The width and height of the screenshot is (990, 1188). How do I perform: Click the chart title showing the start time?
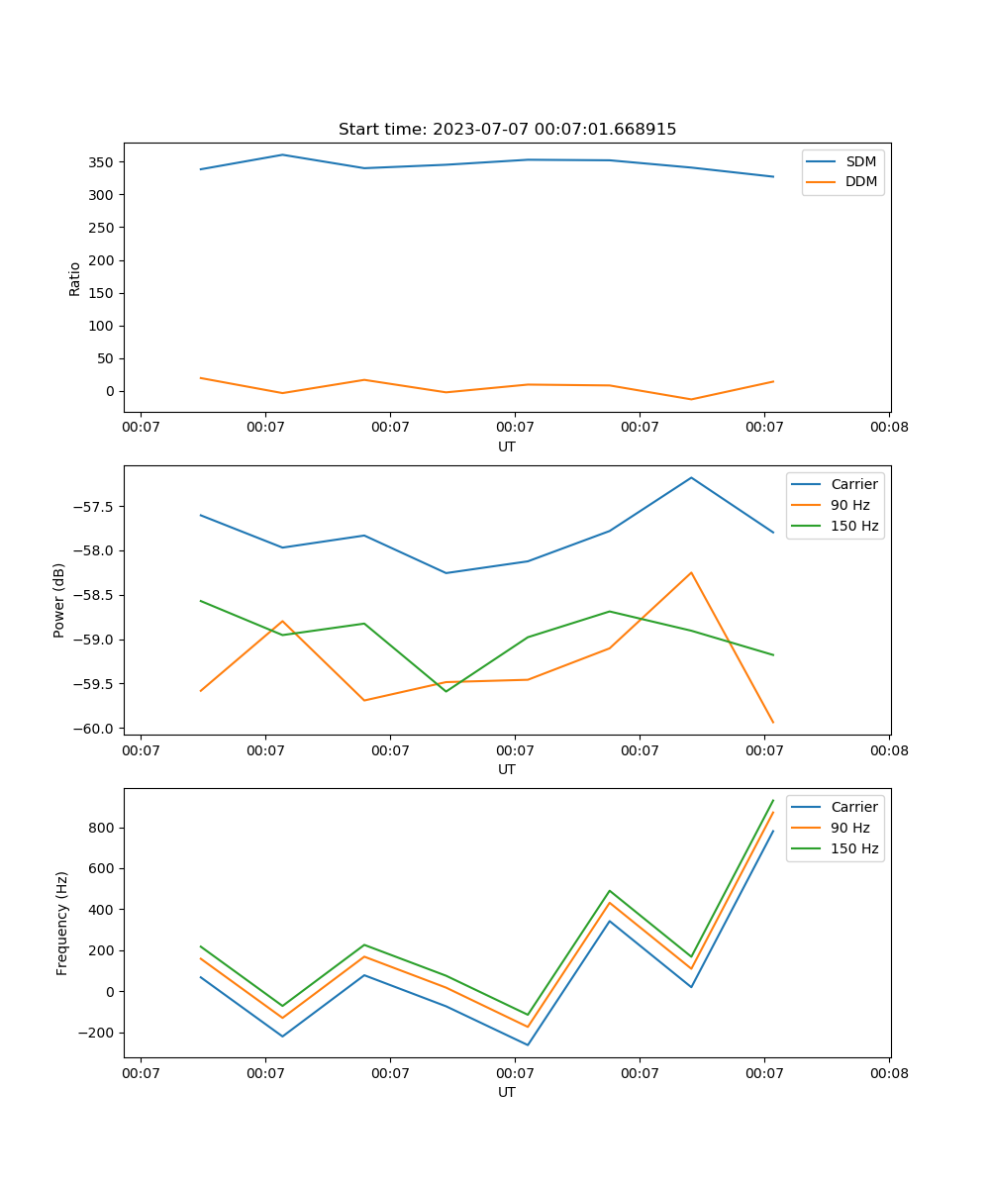[507, 130]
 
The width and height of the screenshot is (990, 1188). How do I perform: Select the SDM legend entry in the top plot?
[860, 161]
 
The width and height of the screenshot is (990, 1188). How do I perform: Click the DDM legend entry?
[861, 181]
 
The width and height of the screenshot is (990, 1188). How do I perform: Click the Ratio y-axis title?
[75, 279]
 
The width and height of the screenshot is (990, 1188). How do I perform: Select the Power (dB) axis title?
[60, 600]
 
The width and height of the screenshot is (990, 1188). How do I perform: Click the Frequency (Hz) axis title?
[62, 923]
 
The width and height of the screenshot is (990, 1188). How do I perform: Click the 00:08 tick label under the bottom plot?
[889, 1072]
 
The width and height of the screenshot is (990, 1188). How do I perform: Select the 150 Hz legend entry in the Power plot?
[854, 526]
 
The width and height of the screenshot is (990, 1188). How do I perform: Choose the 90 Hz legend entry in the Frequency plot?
[850, 828]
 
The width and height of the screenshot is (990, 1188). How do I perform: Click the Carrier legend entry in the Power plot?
[853, 484]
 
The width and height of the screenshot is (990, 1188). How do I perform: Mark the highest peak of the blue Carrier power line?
[691, 477]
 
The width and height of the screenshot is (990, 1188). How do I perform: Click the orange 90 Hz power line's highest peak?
[691, 572]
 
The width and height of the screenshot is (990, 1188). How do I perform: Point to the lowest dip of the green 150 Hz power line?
[445, 691]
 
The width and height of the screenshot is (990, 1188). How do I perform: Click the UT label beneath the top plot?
[507, 446]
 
